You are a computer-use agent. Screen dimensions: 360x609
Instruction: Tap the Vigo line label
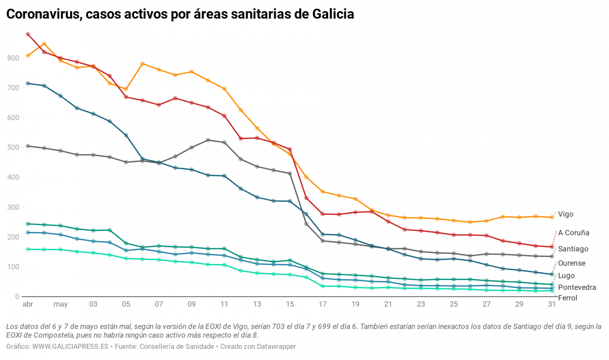click(565, 214)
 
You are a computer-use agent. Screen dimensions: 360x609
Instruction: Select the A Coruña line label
click(573, 233)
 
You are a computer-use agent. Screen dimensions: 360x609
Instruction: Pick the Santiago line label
click(573, 249)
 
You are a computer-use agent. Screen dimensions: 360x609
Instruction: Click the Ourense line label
click(571, 263)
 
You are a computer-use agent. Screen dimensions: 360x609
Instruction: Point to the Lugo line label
click(566, 275)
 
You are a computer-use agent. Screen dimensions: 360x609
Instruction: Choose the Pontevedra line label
click(576, 287)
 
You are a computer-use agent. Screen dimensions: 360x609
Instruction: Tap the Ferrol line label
click(567, 298)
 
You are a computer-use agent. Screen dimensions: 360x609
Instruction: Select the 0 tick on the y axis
click(17, 297)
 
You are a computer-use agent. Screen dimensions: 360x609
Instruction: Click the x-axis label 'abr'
click(27, 305)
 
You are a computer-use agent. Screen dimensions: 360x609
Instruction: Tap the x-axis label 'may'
click(60, 305)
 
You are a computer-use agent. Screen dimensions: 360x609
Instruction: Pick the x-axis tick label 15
click(290, 305)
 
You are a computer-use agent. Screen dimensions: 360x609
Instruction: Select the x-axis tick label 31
click(552, 305)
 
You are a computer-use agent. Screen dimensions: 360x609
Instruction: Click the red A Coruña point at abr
click(28, 35)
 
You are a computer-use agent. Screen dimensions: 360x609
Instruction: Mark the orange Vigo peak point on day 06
click(143, 63)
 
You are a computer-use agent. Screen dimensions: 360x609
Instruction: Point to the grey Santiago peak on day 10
click(208, 140)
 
